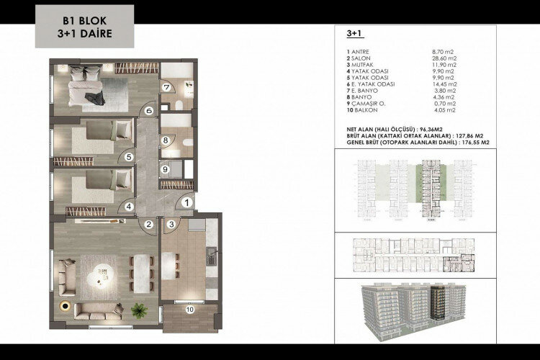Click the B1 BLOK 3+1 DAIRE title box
coord(84,27)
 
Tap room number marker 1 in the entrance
coord(186,204)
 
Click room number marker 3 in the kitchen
coord(171,225)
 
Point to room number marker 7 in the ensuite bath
coord(166,87)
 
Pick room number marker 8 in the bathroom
coord(165,140)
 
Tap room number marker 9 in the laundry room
coord(165,170)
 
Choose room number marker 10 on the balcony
coord(189,310)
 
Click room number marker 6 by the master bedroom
coord(149,111)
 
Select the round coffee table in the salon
coord(97,276)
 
